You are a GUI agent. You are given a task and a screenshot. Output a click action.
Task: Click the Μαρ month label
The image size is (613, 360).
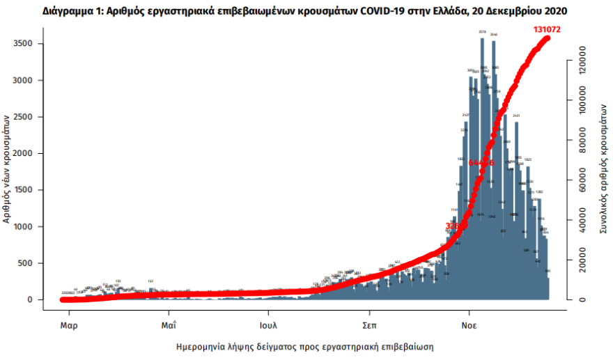68,325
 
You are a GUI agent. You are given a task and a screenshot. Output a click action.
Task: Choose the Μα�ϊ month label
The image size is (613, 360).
168,325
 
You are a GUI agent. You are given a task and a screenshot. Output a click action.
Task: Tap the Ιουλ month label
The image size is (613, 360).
269,325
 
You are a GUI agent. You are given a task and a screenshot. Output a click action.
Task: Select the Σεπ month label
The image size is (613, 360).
370,325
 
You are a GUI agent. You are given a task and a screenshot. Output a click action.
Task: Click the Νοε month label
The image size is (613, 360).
470,325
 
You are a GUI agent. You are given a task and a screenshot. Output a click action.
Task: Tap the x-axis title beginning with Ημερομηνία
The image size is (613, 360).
306,346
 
